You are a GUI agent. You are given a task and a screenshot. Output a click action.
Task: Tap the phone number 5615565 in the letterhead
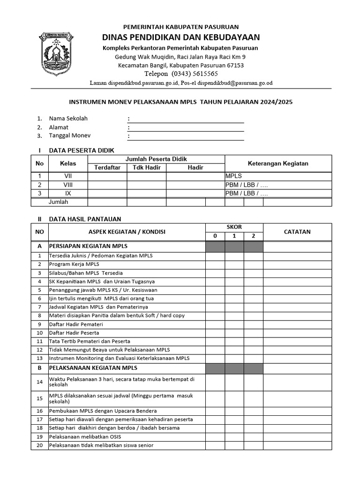tap(202, 74)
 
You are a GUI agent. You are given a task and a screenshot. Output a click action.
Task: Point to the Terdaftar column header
tap(107, 167)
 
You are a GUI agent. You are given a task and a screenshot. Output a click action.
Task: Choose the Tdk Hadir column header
tap(146, 167)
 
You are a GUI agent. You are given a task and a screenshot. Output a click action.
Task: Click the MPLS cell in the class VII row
tap(233, 176)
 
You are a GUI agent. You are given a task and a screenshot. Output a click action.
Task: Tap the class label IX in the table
tap(68, 193)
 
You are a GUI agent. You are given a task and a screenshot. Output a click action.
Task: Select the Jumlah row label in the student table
tap(59, 202)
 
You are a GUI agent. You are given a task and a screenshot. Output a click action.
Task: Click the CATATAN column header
tap(297, 232)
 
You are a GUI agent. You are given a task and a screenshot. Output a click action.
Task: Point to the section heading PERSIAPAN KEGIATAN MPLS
tap(89, 246)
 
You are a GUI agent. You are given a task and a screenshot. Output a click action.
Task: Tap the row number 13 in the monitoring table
tap(40, 358)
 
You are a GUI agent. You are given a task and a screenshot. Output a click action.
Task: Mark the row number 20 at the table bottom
tap(40, 445)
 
